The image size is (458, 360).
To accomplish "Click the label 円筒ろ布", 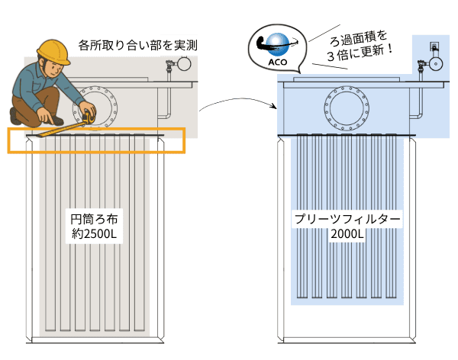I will point(92,219).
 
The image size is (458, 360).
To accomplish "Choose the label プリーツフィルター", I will point(347,219).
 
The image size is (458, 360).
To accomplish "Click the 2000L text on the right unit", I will point(347,235).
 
